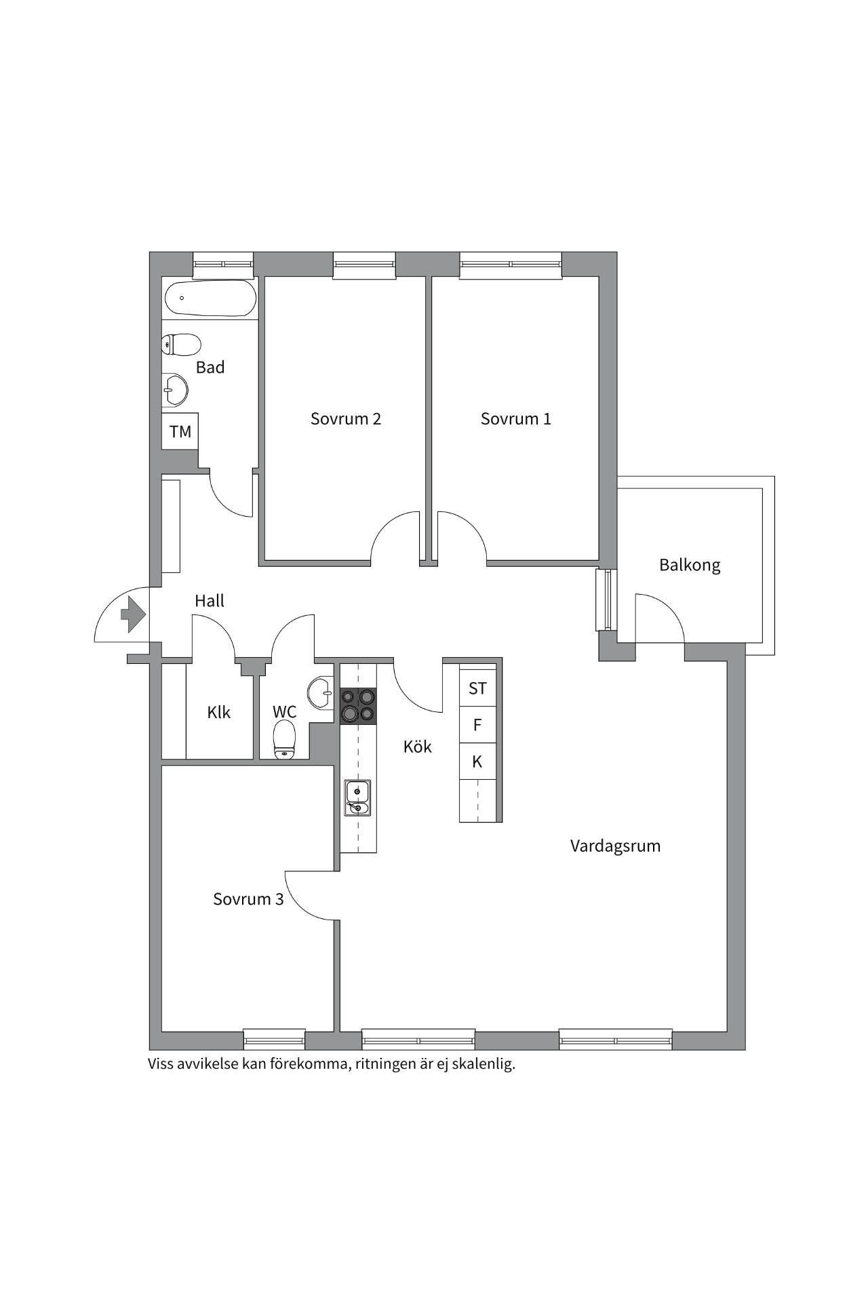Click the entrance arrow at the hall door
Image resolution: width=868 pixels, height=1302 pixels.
coord(133,614)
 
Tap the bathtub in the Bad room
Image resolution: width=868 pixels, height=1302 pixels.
coord(210,298)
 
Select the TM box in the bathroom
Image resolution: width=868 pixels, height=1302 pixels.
coord(180,431)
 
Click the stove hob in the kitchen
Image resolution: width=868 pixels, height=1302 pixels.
coord(358,705)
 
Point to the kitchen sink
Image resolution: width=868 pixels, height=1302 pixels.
coord(357,798)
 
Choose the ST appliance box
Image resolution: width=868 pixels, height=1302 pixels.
coord(477,688)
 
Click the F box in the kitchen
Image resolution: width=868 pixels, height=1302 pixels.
coord(477,725)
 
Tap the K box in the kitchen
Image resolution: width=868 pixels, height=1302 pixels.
coord(477,762)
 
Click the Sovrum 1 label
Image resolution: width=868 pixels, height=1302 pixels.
coord(515,419)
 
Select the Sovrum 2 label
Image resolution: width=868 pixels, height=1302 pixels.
coord(346,419)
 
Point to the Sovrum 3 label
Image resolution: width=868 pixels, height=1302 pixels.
coord(248,899)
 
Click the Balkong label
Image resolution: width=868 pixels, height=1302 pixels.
coord(690,565)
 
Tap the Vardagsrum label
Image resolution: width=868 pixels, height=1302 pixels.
coord(615,846)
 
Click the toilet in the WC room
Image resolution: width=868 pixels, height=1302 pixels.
coord(284,740)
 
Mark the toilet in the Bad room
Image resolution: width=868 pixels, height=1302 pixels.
coord(181,344)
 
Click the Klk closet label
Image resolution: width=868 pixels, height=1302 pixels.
coord(219,712)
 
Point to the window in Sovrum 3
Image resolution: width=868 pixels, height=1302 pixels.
coord(274,1039)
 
